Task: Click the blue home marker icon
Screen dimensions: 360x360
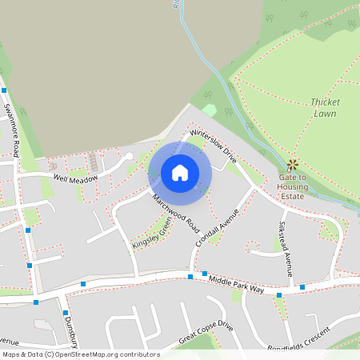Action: [180, 172]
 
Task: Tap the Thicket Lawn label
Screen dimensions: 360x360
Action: [325, 108]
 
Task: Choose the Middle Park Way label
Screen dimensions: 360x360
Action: [236, 283]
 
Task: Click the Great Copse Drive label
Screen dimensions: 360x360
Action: [206, 334]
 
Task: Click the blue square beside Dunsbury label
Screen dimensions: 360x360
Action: [66, 313]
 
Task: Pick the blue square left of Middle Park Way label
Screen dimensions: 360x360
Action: [190, 277]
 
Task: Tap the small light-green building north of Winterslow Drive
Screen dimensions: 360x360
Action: [210, 109]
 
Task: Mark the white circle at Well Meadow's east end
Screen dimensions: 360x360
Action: [129, 157]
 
